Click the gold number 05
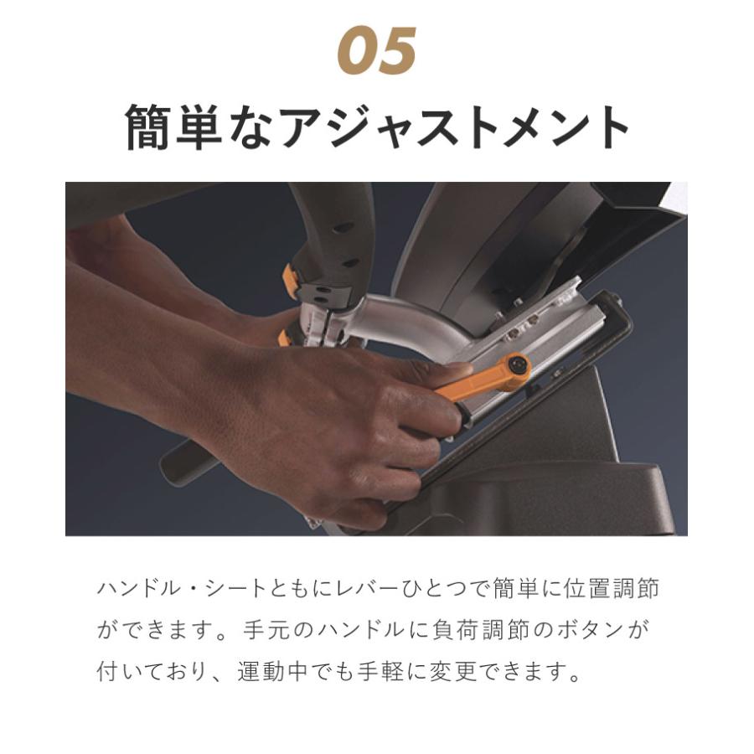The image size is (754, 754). tap(377, 53)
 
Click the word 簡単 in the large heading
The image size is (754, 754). tap(173, 127)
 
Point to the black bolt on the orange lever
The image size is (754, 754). tap(519, 364)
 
